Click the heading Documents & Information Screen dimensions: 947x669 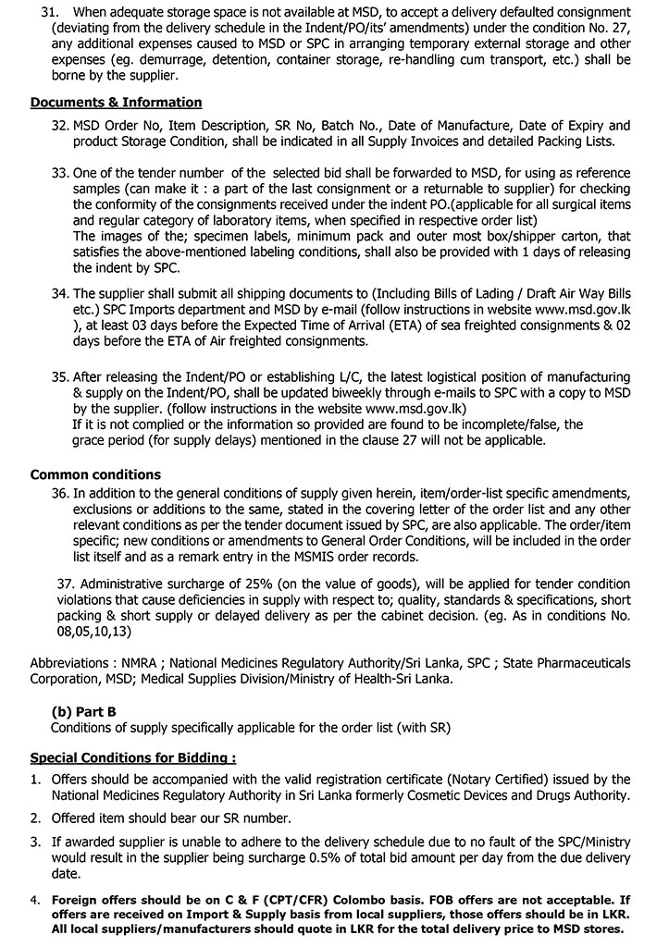116,103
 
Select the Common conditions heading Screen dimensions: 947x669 95,474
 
